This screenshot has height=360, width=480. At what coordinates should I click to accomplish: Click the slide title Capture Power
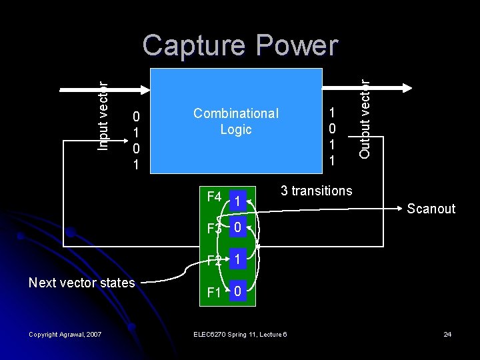coord(240,46)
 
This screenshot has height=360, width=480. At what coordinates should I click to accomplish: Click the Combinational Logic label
coord(236,121)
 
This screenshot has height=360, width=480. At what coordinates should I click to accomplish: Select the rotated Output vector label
coord(364,119)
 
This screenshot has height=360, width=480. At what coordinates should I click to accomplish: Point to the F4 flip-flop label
coord(214,197)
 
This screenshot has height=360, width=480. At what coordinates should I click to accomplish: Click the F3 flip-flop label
coord(214,229)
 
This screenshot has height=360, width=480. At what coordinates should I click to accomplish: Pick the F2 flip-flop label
coord(214,261)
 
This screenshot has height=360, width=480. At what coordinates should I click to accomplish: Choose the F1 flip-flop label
coord(213,292)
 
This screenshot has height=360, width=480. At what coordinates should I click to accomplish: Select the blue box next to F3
coord(238,227)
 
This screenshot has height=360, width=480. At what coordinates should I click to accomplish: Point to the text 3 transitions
coord(316,191)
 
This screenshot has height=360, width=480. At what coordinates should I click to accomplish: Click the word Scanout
coord(431,209)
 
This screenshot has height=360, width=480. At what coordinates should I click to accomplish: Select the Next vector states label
coord(81,283)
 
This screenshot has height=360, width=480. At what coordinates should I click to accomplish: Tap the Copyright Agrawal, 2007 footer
coord(65,334)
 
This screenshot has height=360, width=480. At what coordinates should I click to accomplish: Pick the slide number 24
coord(447,334)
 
